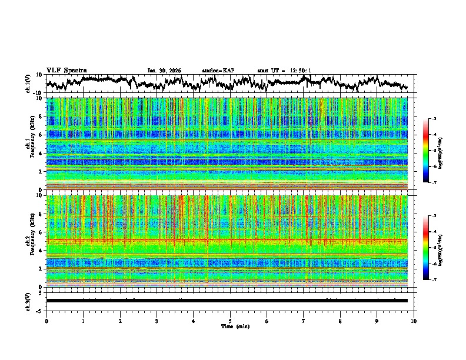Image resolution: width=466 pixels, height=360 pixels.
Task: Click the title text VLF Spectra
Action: (x=66, y=70)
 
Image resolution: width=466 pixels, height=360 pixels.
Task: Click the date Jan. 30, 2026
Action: (x=164, y=71)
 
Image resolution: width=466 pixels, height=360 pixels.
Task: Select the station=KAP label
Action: (x=218, y=71)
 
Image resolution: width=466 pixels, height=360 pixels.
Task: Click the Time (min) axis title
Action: (x=230, y=326)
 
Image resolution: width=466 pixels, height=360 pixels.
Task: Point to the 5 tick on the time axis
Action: (x=230, y=321)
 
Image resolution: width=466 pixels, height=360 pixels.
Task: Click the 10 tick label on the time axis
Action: (x=414, y=321)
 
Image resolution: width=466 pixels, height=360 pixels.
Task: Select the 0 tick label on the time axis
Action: (x=46, y=321)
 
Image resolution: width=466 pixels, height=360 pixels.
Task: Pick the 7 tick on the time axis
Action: (x=304, y=321)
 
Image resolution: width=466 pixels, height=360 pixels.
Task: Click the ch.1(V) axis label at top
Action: (x=28, y=84)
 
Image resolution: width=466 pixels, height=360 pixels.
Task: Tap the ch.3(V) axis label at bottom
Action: (x=28, y=301)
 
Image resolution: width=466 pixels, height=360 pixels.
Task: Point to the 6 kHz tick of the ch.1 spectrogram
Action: (x=42, y=135)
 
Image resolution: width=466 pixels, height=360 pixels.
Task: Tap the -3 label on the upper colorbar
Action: (x=434, y=119)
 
